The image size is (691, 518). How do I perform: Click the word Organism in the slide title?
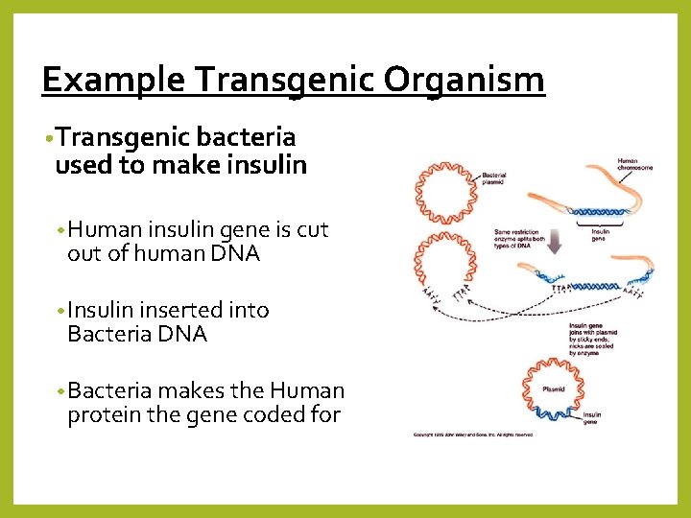coord(465,80)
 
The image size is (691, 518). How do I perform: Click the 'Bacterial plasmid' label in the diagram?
coord(493,177)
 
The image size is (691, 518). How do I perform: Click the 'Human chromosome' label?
coord(634,164)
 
